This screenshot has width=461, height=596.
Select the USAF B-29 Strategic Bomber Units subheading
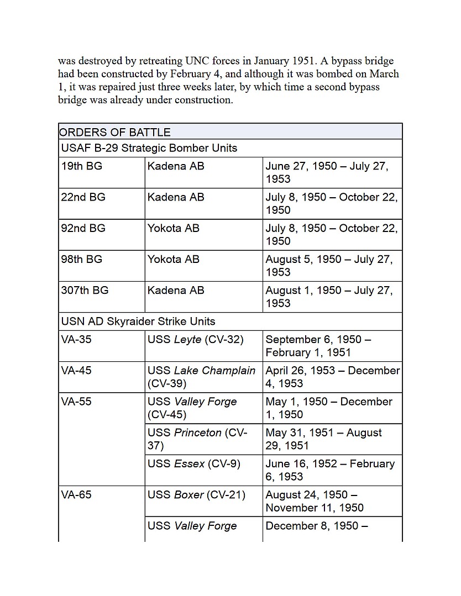click(x=149, y=148)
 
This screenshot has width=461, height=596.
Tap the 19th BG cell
click(x=82, y=166)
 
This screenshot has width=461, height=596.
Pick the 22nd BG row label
click(x=83, y=197)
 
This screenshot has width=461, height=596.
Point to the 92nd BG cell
click(x=83, y=228)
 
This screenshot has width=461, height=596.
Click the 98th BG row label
click(x=82, y=259)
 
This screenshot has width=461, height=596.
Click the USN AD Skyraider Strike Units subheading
click(x=138, y=321)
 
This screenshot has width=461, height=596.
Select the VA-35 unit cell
click(x=76, y=339)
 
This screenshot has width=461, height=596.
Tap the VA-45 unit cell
click(x=76, y=370)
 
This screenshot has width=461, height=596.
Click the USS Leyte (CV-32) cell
click(x=195, y=339)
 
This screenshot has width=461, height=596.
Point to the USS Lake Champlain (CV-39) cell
click(x=201, y=377)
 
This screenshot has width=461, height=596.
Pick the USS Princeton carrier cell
click(x=197, y=439)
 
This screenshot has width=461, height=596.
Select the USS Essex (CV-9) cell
click(x=193, y=464)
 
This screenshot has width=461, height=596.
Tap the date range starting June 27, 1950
click(x=327, y=172)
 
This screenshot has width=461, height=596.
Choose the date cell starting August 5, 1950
click(x=329, y=265)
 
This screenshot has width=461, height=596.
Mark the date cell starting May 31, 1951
click(x=323, y=439)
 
